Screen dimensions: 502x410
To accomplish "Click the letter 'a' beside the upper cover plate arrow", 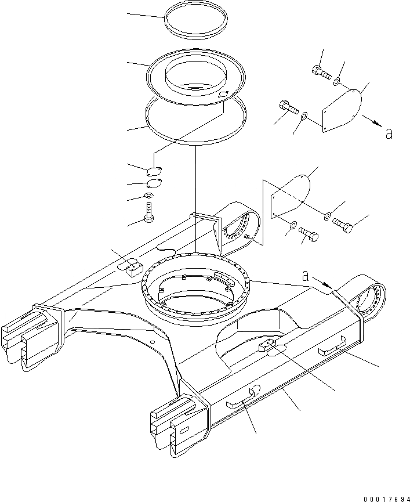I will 389,133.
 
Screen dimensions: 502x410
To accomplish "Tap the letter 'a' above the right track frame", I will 306,277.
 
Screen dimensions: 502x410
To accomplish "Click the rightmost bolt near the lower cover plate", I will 342,224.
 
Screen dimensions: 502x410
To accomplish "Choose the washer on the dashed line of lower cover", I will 328,216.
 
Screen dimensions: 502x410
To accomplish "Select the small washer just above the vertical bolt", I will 150,196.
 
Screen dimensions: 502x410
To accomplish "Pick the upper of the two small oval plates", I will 154,171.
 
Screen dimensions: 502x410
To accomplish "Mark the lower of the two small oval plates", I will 154,183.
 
